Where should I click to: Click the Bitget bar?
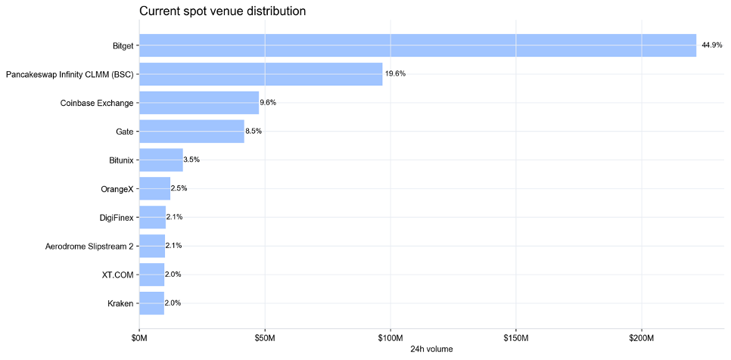point(418,45)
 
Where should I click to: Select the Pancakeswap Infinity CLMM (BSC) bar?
point(261,74)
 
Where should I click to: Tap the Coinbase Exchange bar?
point(199,103)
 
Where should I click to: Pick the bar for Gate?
point(191,132)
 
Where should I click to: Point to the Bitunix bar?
point(161,160)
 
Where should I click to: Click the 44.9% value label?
point(712,45)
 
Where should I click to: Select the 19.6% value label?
point(395,74)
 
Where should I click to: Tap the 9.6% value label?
point(268,103)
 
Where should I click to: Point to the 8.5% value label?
point(254,132)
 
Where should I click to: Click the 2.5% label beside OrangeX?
point(179,189)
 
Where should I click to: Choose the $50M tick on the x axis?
point(265,337)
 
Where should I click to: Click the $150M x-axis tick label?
point(515,337)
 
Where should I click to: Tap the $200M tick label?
point(642,337)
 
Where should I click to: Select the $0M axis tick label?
point(139,337)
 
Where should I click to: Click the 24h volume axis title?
point(431,349)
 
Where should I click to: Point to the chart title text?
point(222,11)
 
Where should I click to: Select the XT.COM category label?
point(121,275)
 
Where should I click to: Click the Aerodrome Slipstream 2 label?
point(90,247)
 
